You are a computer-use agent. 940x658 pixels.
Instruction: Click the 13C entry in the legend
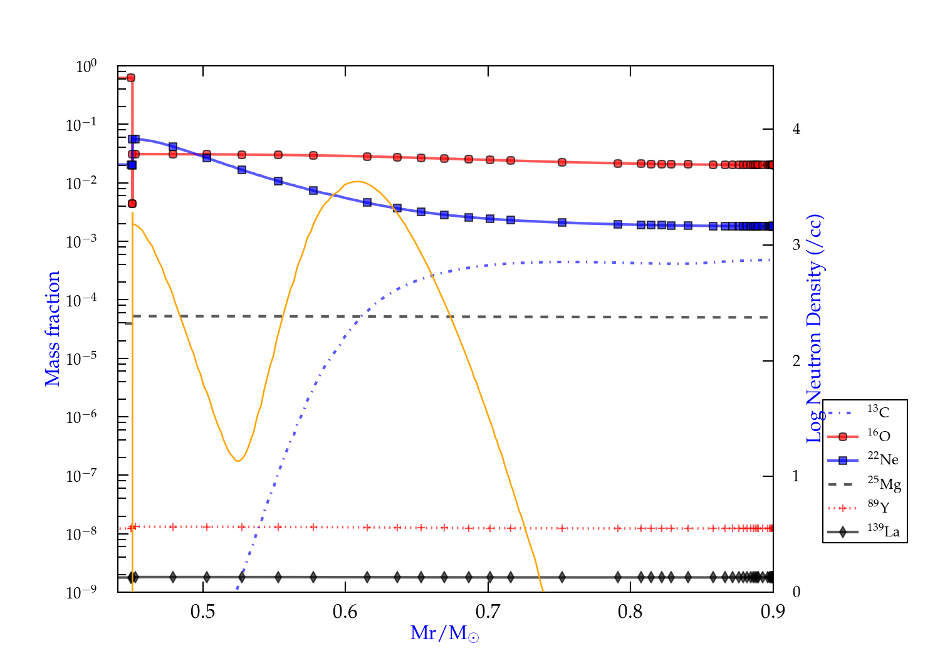(878, 412)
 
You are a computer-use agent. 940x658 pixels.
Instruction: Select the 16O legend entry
(879, 436)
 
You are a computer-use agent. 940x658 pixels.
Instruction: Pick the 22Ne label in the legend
(882, 459)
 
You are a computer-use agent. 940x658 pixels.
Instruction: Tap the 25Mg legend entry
(884, 484)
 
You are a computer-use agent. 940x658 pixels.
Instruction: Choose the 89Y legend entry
(878, 507)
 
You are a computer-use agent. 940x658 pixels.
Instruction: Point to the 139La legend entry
(883, 531)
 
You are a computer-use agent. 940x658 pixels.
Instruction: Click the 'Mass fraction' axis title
(53, 328)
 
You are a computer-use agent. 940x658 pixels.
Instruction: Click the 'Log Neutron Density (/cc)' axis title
(815, 328)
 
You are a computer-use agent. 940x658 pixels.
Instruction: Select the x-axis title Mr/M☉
(444, 634)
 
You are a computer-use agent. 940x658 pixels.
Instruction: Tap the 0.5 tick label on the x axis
(202, 612)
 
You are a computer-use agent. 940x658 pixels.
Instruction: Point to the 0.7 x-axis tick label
(488, 612)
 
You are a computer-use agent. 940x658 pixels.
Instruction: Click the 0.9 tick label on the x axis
(773, 612)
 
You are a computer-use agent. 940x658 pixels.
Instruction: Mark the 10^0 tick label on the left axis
(86, 66)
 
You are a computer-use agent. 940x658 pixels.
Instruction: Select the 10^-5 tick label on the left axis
(81, 359)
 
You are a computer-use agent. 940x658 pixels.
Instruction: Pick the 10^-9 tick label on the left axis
(81, 592)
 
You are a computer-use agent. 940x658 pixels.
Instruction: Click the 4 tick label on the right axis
(796, 129)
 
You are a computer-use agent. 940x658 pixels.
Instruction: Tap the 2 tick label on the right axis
(796, 361)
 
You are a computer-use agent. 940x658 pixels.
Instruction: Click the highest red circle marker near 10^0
(131, 78)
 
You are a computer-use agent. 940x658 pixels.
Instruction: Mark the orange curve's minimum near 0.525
(238, 461)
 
